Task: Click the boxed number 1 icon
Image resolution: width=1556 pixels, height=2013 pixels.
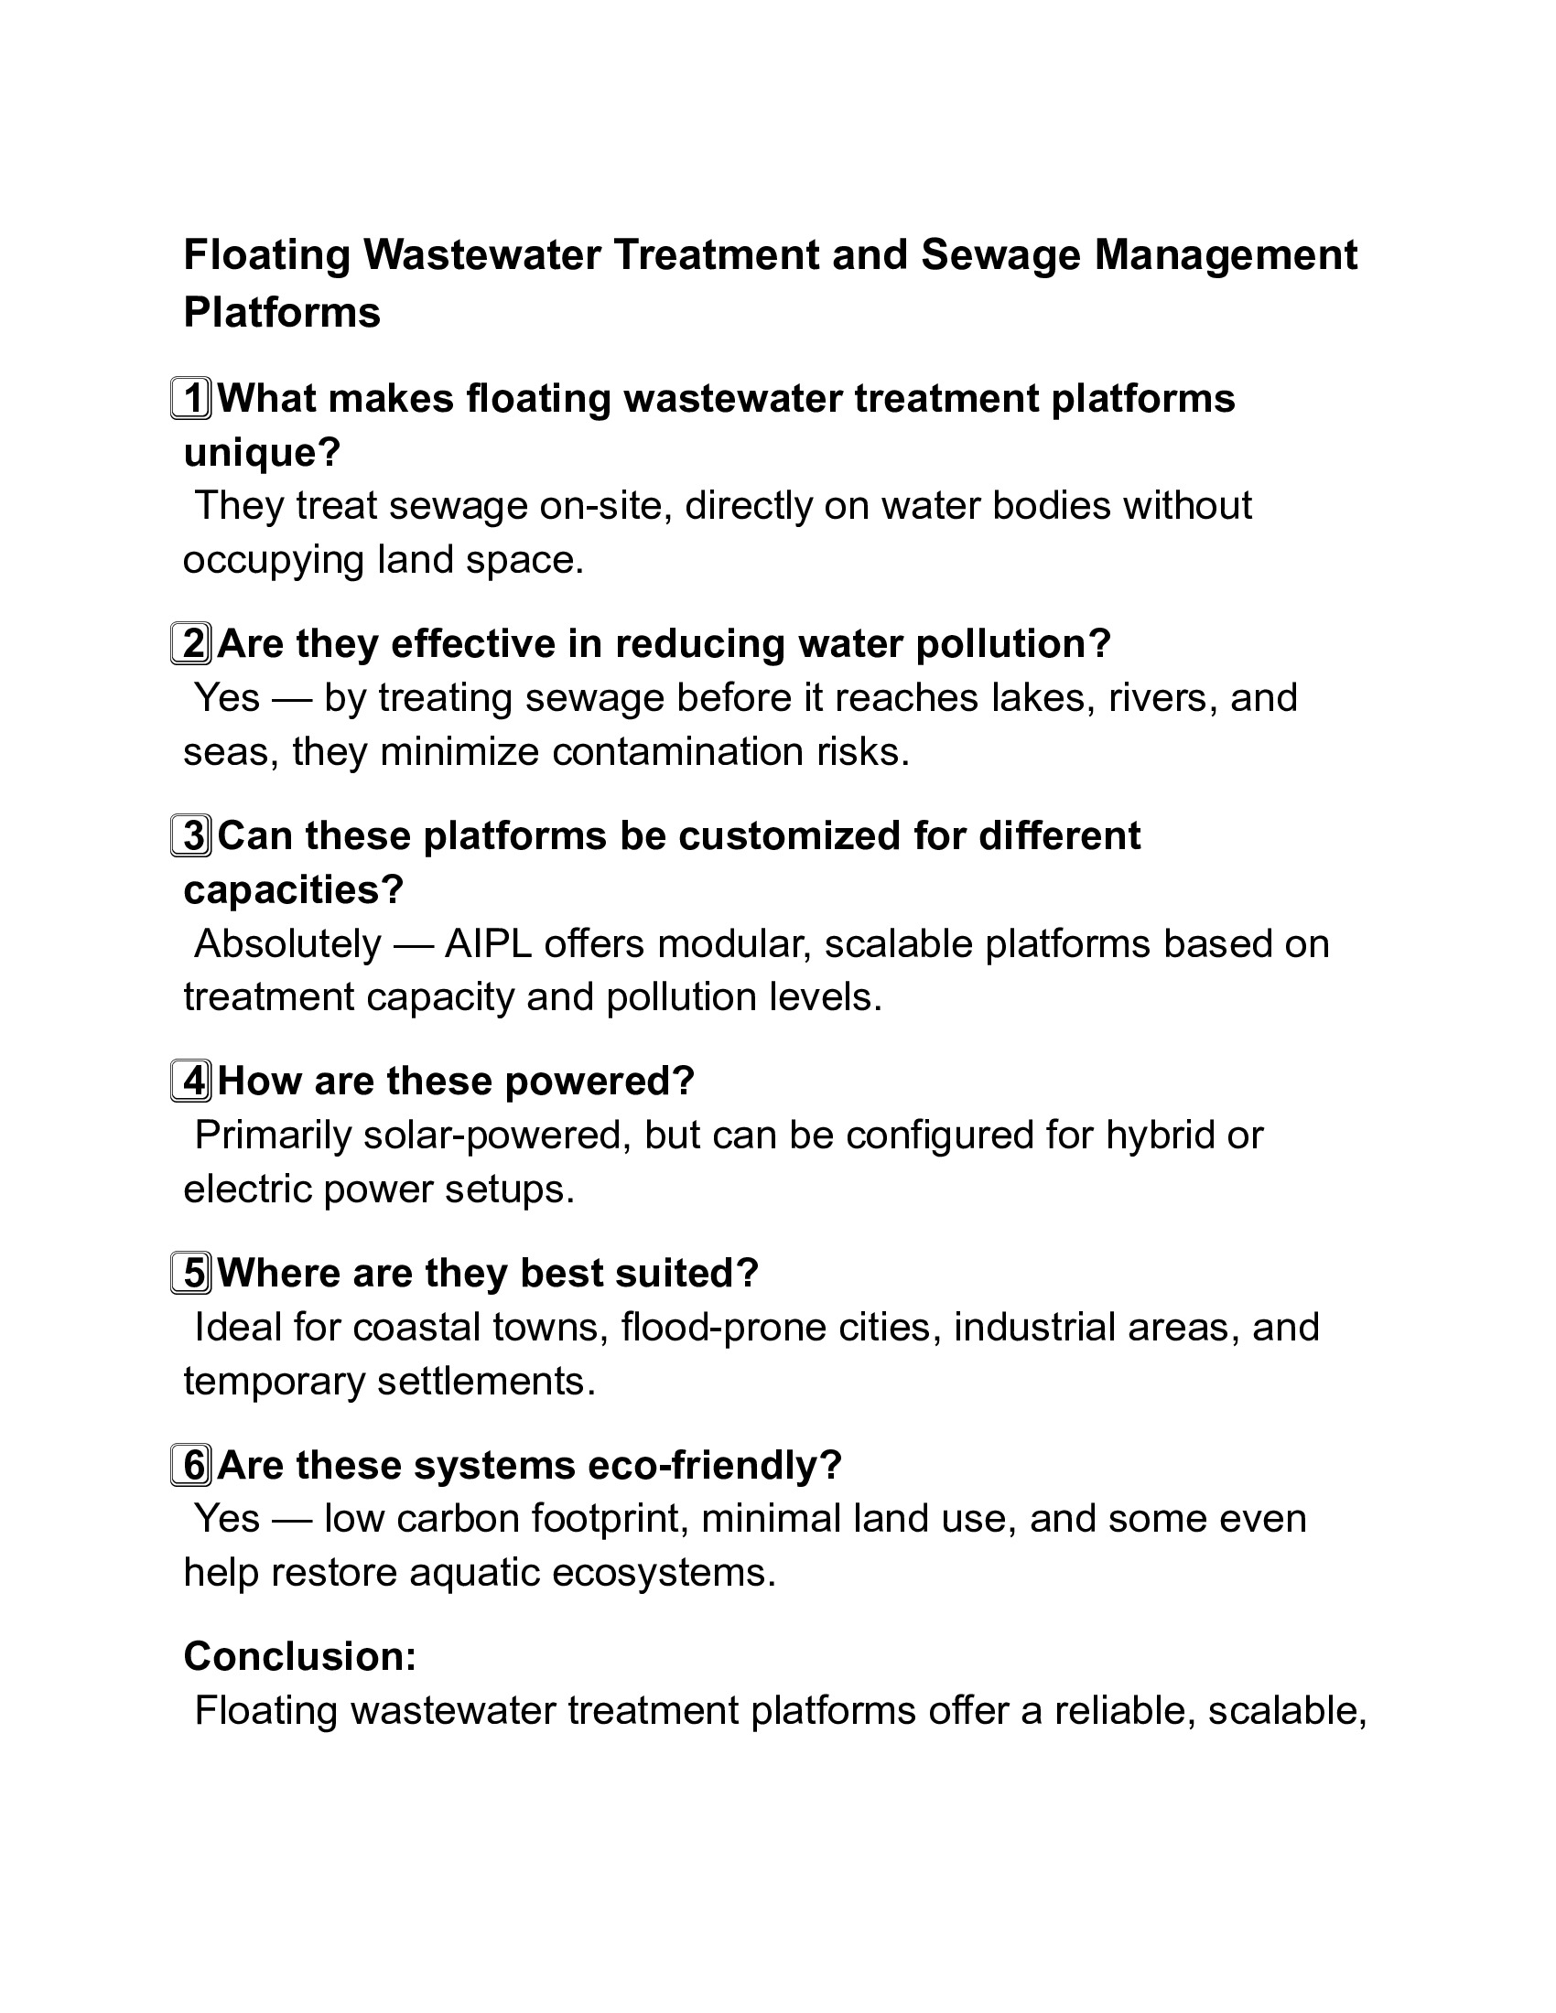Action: pyautogui.click(x=191, y=398)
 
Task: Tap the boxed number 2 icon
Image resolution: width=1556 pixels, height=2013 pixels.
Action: pyautogui.click(x=191, y=643)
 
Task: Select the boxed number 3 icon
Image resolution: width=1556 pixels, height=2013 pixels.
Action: pyautogui.click(x=191, y=836)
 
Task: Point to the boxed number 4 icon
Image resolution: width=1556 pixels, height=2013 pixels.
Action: pyautogui.click(x=191, y=1081)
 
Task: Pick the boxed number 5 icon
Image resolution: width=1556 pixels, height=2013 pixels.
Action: pyautogui.click(x=191, y=1273)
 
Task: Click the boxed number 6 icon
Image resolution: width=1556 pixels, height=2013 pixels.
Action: pyautogui.click(x=191, y=1465)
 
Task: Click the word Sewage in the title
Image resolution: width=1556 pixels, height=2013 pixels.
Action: pyautogui.click(x=1000, y=255)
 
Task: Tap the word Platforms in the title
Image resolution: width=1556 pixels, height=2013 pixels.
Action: pyautogui.click(x=282, y=312)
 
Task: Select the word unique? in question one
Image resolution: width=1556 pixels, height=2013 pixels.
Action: pyautogui.click(x=262, y=453)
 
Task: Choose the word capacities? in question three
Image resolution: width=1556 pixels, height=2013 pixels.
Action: pyautogui.click(x=294, y=889)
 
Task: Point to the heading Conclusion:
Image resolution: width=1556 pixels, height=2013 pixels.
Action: pyautogui.click(x=300, y=1656)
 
